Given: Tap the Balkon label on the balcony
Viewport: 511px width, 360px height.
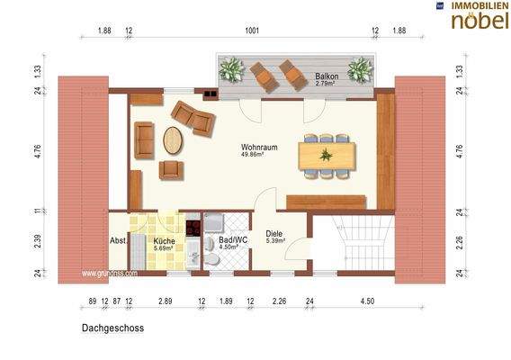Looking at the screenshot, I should point(326,76).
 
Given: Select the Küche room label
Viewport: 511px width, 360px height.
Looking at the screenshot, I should point(163,241).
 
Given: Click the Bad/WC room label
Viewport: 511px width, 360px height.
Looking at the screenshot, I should point(232,241).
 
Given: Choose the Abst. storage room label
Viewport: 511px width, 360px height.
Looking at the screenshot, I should point(118,241).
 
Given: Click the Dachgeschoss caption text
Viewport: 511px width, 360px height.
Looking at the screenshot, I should point(112,328).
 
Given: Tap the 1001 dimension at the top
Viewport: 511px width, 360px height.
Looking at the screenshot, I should point(252,31).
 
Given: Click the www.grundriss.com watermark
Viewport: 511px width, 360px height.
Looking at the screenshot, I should point(109,273).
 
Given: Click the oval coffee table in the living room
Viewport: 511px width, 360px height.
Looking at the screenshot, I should point(172,140).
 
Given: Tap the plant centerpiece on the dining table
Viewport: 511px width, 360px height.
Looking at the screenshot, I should point(326,155).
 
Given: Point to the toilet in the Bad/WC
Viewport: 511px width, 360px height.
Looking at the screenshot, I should point(210,259).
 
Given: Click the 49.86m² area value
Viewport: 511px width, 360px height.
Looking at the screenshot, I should point(257,155).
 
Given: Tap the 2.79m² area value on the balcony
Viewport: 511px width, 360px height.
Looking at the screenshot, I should point(326,84).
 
